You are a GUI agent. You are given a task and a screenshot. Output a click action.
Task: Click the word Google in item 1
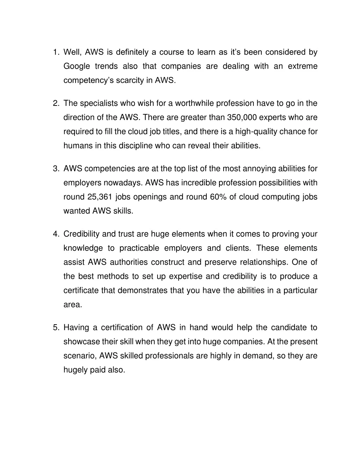coord(76,66)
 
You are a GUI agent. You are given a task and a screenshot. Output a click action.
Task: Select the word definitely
coord(132,52)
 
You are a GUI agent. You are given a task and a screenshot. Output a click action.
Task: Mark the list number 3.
coord(56,169)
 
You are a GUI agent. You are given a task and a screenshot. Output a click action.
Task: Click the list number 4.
coord(56,234)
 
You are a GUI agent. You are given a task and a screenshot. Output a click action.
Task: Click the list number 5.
coord(56,328)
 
